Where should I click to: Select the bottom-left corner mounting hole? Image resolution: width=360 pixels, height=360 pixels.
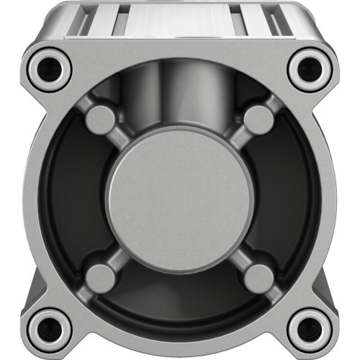tap(50, 328)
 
